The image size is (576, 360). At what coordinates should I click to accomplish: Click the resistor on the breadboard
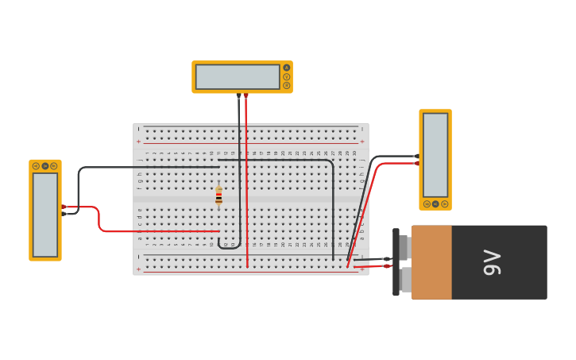click(218, 196)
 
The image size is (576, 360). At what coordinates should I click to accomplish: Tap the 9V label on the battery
click(492, 262)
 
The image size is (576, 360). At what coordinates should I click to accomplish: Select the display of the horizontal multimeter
click(238, 77)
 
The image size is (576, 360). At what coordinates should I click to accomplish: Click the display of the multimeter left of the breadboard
click(45, 214)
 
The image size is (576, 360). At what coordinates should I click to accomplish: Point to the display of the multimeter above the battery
click(435, 155)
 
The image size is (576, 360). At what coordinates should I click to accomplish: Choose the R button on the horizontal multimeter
click(287, 86)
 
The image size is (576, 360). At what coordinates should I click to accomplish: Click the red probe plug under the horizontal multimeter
click(246, 95)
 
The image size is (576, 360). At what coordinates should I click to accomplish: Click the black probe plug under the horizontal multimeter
click(238, 95)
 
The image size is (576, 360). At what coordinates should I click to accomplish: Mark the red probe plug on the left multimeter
click(64, 207)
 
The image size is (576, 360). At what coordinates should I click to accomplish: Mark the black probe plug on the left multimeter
click(64, 214)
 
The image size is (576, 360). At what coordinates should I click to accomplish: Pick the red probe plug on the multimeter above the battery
click(417, 163)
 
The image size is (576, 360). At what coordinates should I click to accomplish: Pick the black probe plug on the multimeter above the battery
click(417, 156)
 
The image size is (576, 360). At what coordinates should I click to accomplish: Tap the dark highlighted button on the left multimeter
click(45, 166)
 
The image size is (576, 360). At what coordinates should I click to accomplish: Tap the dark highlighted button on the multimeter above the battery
click(435, 204)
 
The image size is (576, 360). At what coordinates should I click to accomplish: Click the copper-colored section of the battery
click(431, 262)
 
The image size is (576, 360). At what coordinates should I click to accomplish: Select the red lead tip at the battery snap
click(387, 265)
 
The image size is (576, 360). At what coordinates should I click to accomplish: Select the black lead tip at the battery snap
click(387, 259)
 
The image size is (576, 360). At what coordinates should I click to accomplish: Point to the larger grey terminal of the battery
click(405, 280)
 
